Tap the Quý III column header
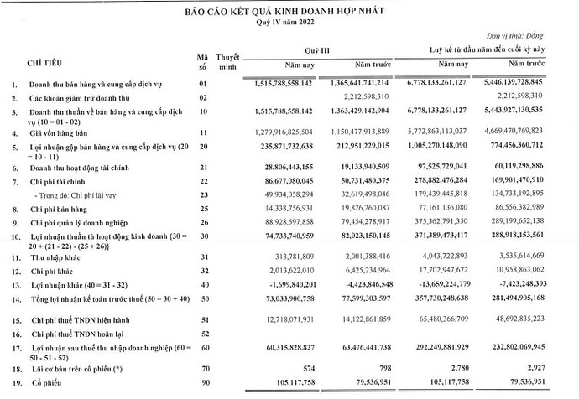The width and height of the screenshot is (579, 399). (316, 51)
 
